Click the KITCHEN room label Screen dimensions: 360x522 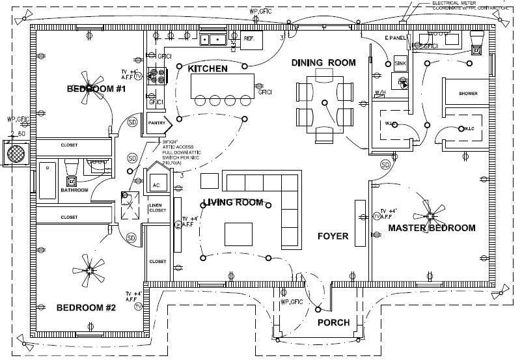(x=208, y=68)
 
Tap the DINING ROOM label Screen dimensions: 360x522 (x=323, y=62)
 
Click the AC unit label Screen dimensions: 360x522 (x=156, y=185)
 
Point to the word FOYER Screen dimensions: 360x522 (x=332, y=236)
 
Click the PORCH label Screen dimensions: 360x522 (x=333, y=323)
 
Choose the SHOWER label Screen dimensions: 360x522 (x=468, y=94)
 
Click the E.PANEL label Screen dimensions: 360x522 (x=396, y=39)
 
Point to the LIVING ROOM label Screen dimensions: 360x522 (x=232, y=202)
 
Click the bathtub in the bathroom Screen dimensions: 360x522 (x=47, y=180)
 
